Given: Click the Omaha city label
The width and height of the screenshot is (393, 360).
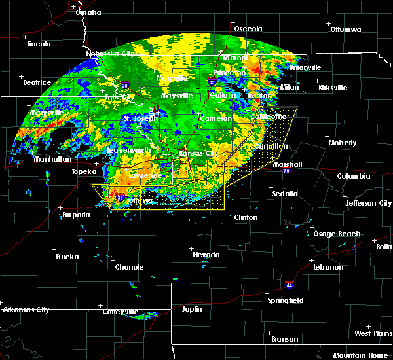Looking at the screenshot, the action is (88, 12).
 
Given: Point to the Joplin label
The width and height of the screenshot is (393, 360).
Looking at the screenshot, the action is (192, 309).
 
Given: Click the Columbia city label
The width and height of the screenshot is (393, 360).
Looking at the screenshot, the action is (354, 176).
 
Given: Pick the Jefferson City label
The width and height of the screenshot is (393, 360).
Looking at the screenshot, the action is (369, 203).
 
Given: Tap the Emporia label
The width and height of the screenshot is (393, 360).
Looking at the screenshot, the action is (75, 215).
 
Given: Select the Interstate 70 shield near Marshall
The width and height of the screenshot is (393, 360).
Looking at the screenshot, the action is (287, 170).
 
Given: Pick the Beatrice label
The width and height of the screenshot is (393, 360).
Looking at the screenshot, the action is (37, 82).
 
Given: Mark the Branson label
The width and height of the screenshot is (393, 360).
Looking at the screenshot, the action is (284, 339).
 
